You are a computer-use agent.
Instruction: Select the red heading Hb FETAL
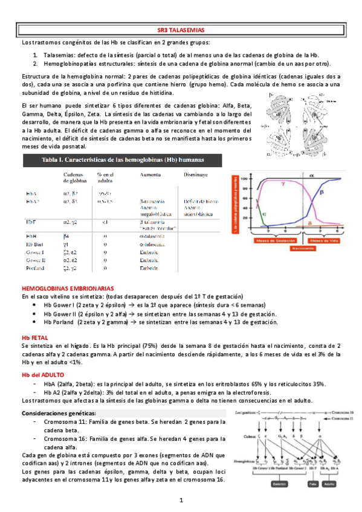(x=35, y=336)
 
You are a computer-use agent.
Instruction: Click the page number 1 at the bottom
(x=181, y=500)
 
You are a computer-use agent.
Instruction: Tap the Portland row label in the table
(x=37, y=267)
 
